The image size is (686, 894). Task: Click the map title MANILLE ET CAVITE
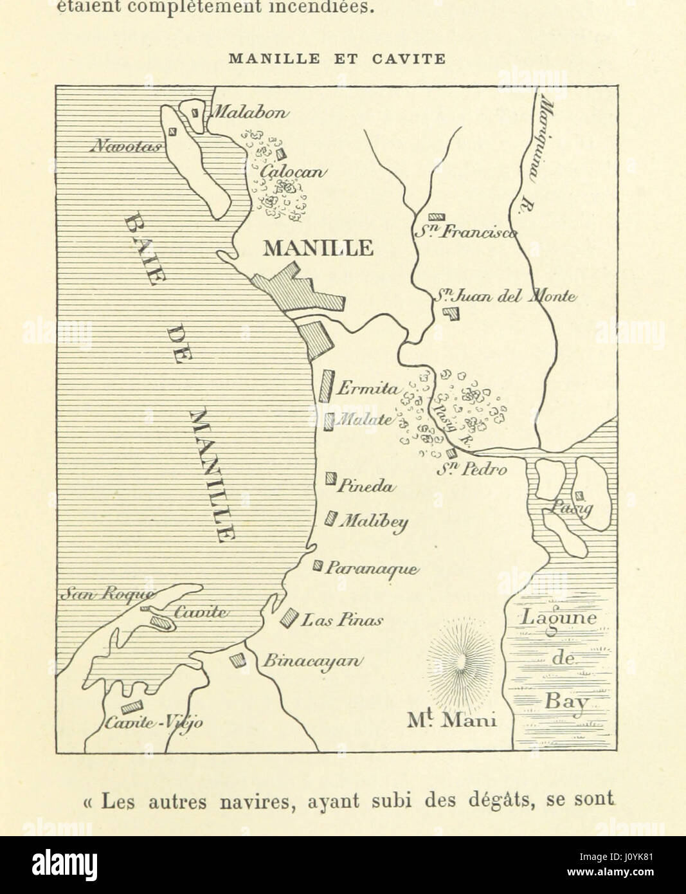click(337, 59)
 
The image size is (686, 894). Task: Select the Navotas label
click(127, 146)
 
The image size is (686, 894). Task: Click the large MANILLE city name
click(318, 248)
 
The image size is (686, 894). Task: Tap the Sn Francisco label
click(465, 233)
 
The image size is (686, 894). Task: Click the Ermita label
click(368, 388)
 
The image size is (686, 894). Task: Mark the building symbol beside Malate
click(329, 421)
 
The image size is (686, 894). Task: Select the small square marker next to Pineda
click(331, 478)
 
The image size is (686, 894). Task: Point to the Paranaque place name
click(372, 568)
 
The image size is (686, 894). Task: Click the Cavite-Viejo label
click(154, 722)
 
